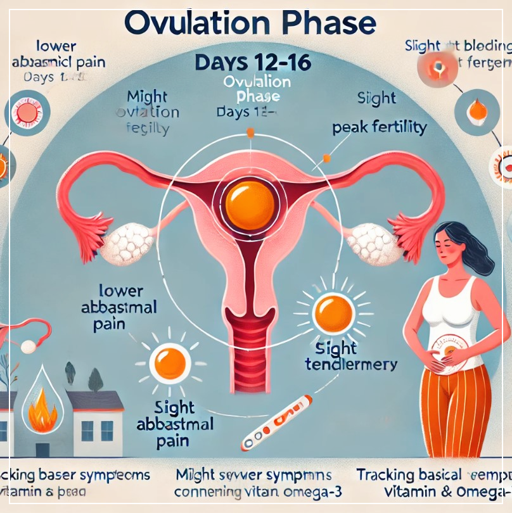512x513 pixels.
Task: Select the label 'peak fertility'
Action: pos(380,127)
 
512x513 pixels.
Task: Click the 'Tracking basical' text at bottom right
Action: pos(409,475)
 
